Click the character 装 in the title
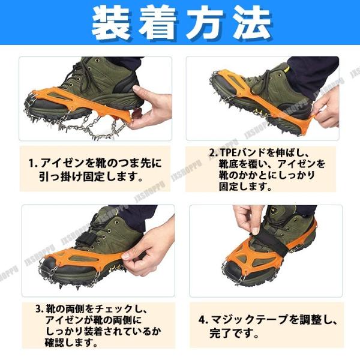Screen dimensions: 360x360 110,22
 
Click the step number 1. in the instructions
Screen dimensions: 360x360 32,163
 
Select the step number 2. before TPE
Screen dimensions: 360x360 213,152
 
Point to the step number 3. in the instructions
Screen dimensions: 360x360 40,309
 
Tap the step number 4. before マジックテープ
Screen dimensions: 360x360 203,320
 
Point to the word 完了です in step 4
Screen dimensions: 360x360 231,333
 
